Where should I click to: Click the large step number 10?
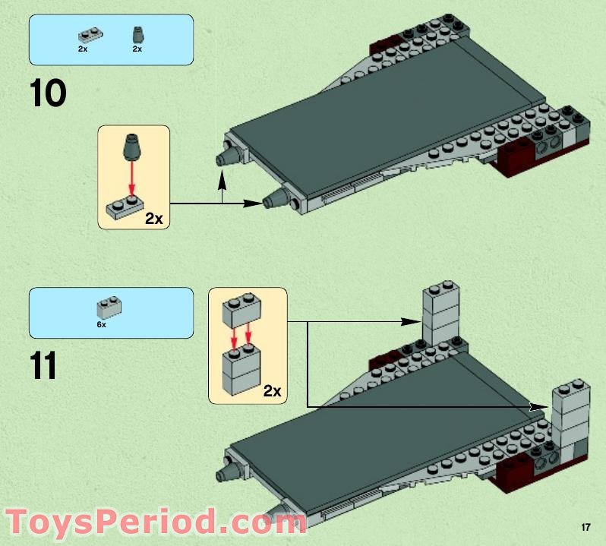click(48, 94)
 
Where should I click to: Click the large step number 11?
click(44, 366)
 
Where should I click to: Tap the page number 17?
click(585, 527)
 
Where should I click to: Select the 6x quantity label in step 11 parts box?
click(102, 323)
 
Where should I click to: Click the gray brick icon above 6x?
click(109, 307)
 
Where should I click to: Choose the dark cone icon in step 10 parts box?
click(137, 34)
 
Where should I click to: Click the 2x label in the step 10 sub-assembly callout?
click(154, 219)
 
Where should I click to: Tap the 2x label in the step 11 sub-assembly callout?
click(272, 392)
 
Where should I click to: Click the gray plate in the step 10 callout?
click(125, 206)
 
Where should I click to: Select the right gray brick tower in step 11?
click(571, 414)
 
